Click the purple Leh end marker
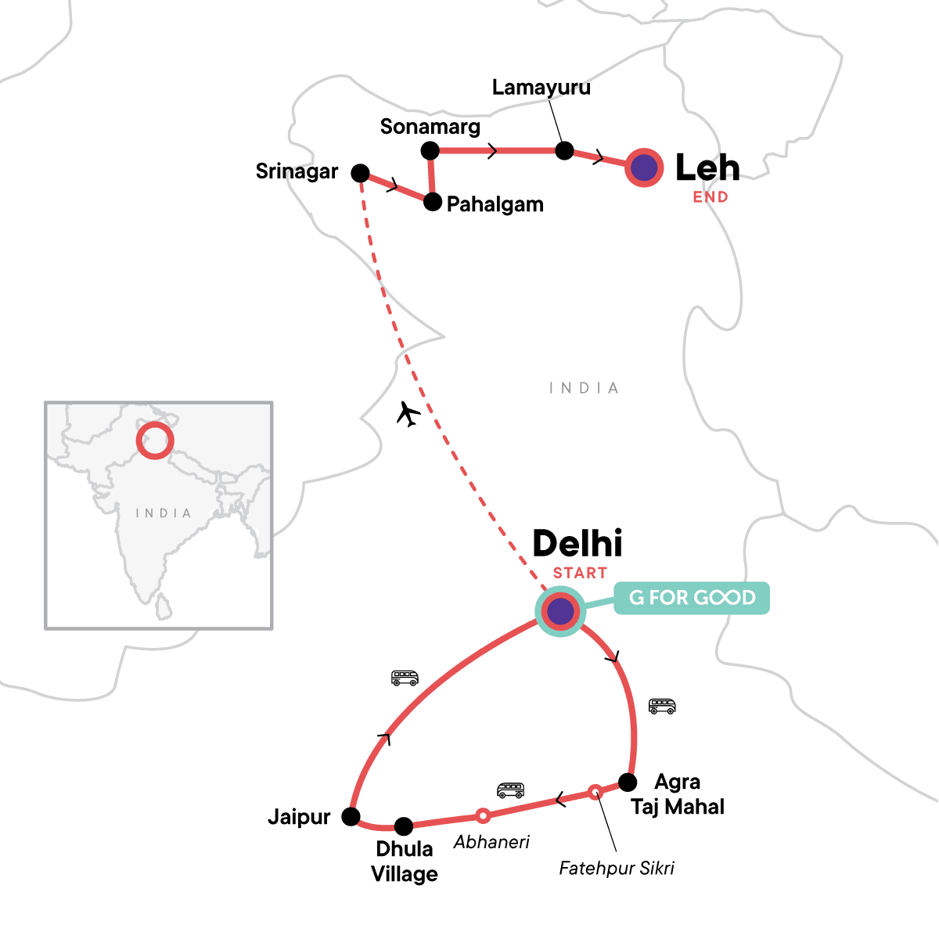point(644,167)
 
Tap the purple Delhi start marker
point(560,611)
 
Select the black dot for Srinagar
point(360,173)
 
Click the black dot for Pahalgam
point(433,202)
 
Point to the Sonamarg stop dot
point(430,149)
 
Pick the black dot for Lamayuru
point(564,150)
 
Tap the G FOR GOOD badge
point(692,598)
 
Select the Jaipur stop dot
point(351,817)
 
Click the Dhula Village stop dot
point(403,826)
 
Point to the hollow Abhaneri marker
point(483,815)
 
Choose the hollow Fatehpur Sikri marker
point(595,791)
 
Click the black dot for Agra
point(628,782)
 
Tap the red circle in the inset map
point(154,440)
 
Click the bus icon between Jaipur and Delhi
point(405,678)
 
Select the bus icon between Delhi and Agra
point(662,706)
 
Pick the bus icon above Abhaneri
point(510,790)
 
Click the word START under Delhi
point(580,573)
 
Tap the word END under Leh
point(711,197)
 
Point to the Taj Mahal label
point(678,807)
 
